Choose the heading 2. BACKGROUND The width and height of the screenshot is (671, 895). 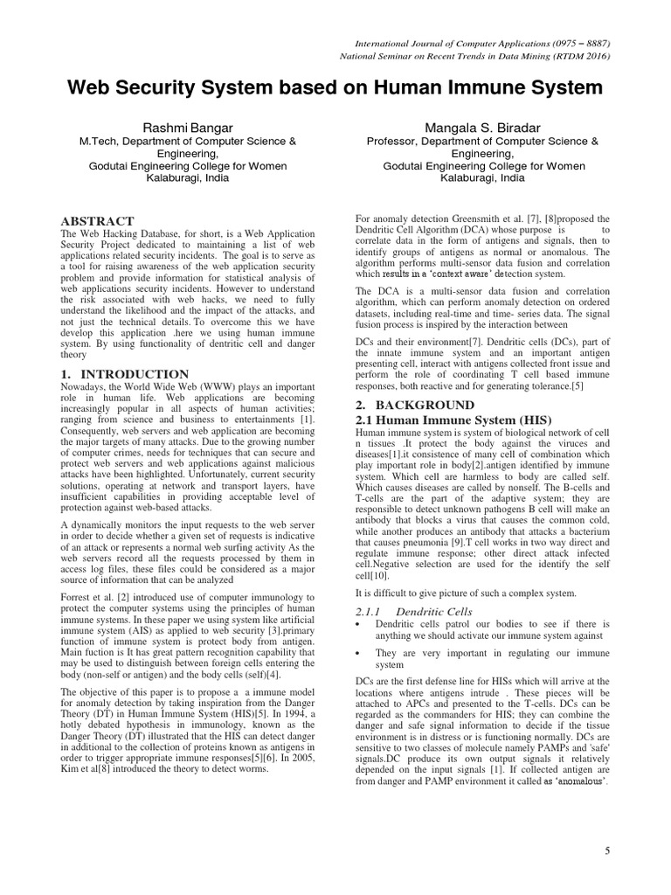coord(413,406)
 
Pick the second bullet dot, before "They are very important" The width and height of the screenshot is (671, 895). coord(359,654)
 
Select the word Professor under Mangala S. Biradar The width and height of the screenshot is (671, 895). coord(391,140)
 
